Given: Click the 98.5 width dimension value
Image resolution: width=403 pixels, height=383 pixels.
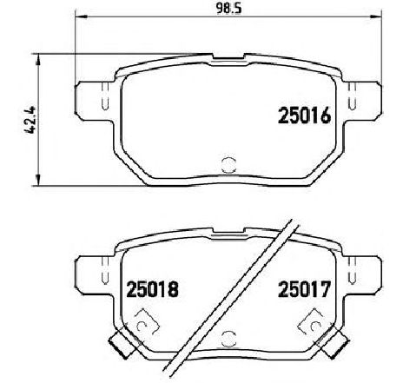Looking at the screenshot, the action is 228,9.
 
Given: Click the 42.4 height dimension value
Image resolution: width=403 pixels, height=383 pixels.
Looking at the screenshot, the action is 30,120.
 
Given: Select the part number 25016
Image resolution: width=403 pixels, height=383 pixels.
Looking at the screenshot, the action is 304,116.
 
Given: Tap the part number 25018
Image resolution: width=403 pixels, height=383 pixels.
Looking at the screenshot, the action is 152,289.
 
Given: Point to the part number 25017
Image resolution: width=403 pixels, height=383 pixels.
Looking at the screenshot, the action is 304,289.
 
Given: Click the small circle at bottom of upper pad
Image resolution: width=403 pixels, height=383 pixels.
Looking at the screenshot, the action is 228,165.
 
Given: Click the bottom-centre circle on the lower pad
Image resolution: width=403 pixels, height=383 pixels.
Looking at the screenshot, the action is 228,339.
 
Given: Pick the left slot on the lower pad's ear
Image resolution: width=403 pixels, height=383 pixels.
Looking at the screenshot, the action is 105,270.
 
